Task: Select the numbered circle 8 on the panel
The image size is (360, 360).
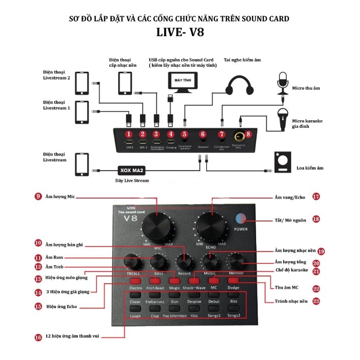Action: pos(248,134)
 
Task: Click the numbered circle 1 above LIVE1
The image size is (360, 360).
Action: pos(129,134)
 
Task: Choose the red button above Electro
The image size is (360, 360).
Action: pos(135,281)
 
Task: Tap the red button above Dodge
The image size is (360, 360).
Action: pos(234,281)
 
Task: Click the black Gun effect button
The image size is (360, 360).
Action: pos(174,309)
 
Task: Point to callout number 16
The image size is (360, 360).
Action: pos(38,337)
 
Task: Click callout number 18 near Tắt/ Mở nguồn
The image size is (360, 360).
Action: pos(316,219)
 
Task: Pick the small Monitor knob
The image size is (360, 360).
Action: pos(236,261)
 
